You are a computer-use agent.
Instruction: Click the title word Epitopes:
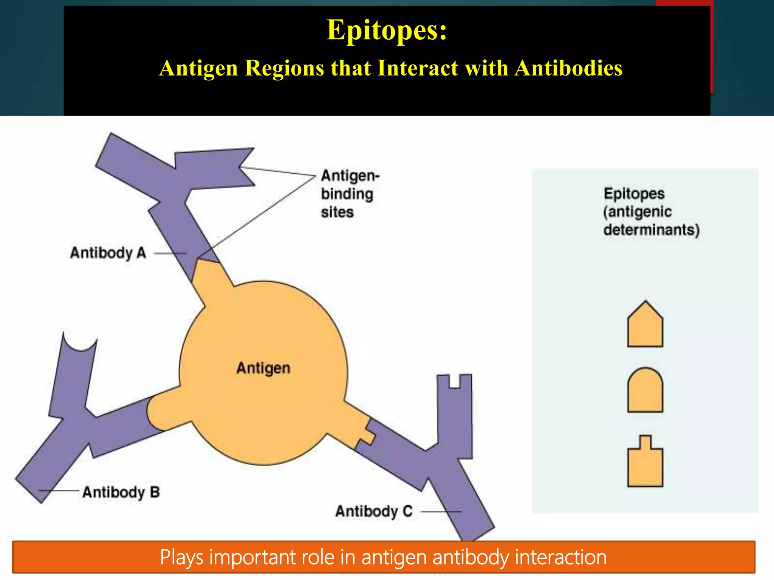[x=386, y=30]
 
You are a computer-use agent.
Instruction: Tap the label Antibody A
[x=108, y=253]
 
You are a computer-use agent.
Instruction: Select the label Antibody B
[x=121, y=492]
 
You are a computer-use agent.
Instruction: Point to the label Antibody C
[x=374, y=511]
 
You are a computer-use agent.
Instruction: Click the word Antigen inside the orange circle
[x=263, y=368]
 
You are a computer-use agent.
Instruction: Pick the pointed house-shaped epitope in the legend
[x=645, y=325]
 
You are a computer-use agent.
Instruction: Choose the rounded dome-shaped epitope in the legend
[x=645, y=391]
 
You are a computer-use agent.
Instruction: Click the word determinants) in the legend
[x=651, y=230]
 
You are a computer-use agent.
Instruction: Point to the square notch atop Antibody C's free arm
[x=455, y=381]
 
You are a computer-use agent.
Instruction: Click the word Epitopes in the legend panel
[x=634, y=194]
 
